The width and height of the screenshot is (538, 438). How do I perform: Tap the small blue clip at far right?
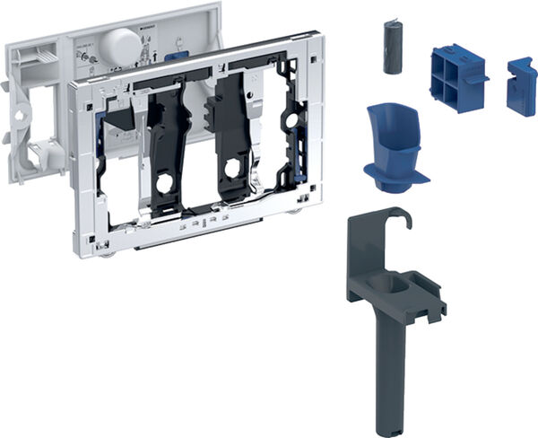(520, 87)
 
